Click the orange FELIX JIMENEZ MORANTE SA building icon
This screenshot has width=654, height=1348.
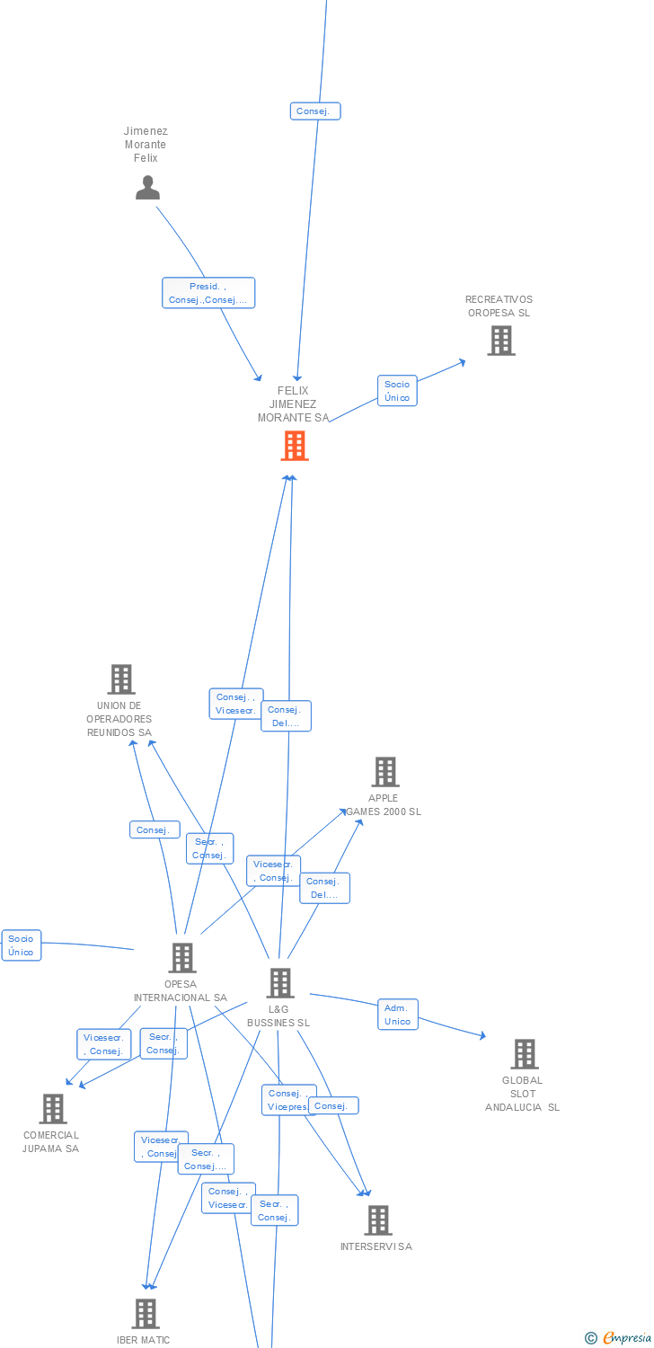point(295,446)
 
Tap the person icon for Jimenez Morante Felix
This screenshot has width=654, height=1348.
point(147,188)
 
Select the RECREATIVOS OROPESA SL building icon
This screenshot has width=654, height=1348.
point(500,341)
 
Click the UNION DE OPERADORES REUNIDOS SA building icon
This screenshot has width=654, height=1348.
point(121,679)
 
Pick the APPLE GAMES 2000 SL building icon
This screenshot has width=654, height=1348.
point(385,772)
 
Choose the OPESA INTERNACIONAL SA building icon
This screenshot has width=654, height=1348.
point(182,958)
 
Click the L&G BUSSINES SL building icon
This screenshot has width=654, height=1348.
point(280,983)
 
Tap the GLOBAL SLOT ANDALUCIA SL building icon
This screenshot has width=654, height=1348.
point(524,1054)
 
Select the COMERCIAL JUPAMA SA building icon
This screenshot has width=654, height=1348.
point(53,1109)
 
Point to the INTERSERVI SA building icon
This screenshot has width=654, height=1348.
point(378,1220)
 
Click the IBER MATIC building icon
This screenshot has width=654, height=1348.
point(146,1314)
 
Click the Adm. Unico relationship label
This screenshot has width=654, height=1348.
point(397,1015)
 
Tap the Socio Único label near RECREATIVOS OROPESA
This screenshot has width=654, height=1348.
point(397,391)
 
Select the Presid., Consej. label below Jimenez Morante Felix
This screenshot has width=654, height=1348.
point(208,293)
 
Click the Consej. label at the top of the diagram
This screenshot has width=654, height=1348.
point(315,111)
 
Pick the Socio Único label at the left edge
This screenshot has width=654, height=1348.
point(22,945)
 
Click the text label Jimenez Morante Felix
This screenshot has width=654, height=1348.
point(146,145)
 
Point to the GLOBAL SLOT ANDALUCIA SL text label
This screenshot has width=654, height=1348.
point(522,1094)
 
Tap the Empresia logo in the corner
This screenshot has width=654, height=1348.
point(619,1338)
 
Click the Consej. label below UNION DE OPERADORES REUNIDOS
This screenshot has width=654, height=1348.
point(155,830)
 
